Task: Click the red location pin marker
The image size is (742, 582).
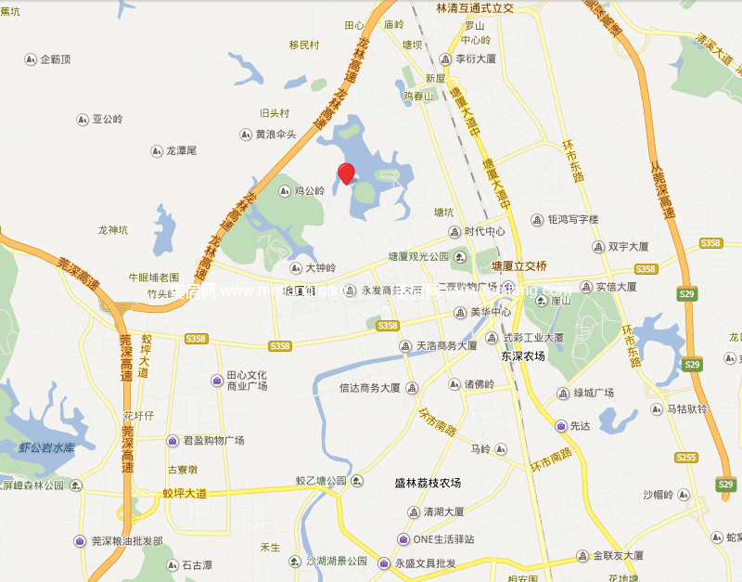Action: point(347,173)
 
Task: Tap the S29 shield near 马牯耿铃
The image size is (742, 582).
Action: point(692,365)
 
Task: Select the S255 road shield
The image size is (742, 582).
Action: point(685,457)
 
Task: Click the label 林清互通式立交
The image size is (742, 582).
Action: point(475,7)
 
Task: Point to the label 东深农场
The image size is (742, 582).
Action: point(522,356)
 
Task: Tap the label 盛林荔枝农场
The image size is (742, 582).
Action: point(428,483)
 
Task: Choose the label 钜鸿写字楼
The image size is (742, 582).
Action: point(573,220)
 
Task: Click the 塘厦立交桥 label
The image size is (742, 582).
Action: point(519,265)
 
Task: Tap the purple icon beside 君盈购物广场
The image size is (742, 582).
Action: point(173,441)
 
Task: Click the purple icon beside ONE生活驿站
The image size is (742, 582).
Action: point(403,539)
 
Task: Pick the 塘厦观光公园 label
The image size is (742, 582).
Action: point(418,256)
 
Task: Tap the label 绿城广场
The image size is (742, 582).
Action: point(593,393)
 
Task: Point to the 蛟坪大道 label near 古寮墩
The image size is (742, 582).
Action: point(194,494)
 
